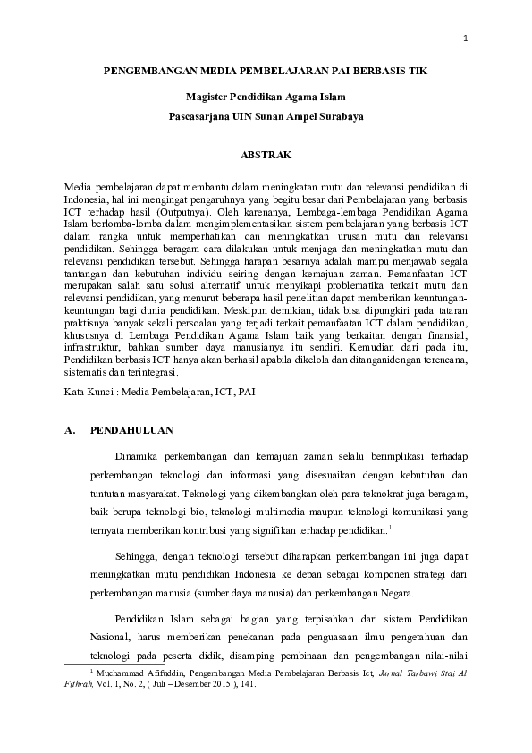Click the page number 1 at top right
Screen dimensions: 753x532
(x=465, y=38)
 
